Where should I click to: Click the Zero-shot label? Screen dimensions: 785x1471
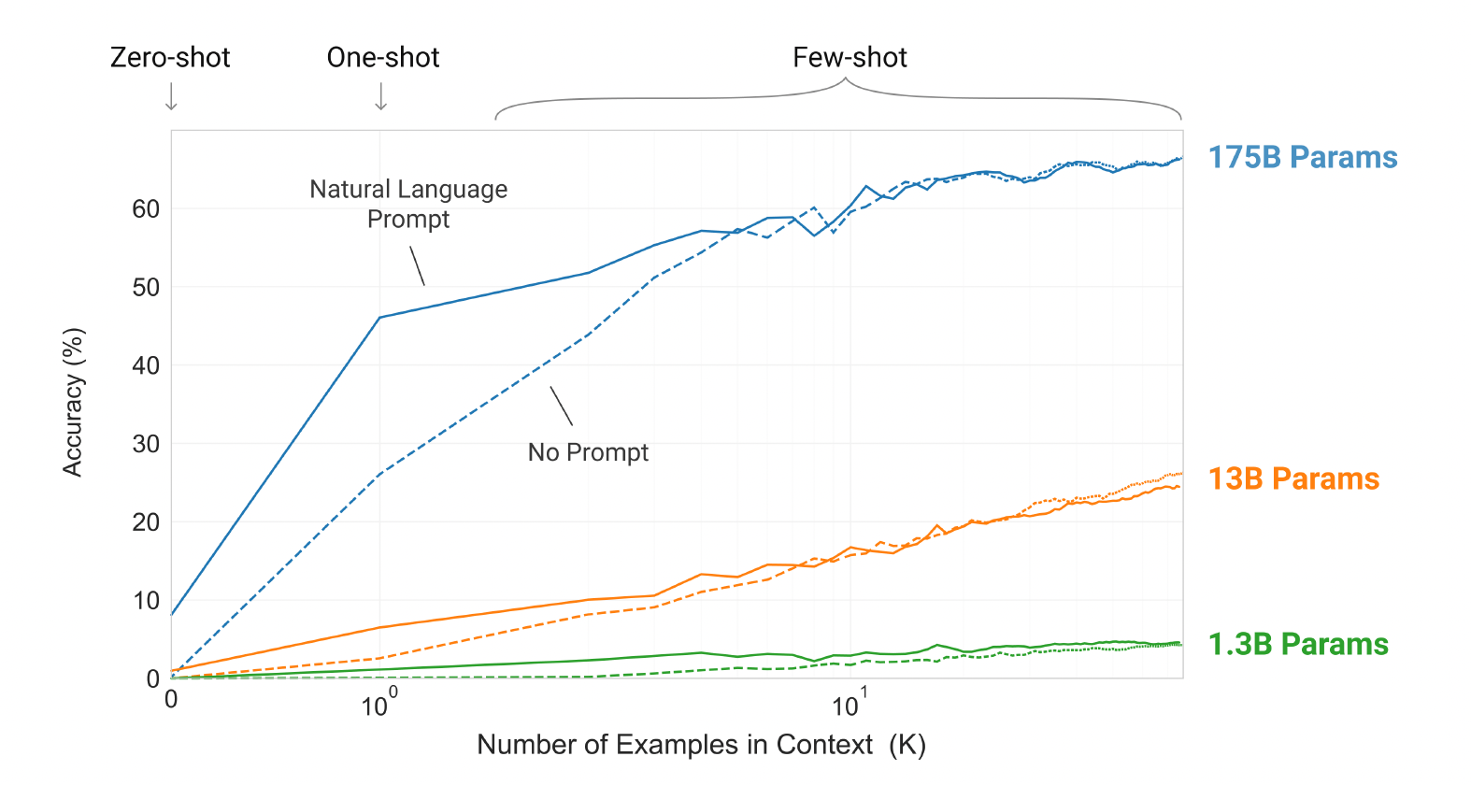[x=170, y=58]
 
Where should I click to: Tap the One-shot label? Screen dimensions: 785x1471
[x=383, y=58]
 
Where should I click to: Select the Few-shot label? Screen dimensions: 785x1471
[x=850, y=58]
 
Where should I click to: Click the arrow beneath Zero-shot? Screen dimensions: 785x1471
[x=171, y=96]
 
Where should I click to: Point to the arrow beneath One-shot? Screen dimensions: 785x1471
[x=381, y=96]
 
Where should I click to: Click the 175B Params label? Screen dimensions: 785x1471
[x=1303, y=158]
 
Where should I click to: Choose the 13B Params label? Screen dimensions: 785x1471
[x=1293, y=479]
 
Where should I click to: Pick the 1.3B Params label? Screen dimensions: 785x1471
[x=1298, y=645]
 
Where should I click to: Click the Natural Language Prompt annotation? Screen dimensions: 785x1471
[x=408, y=204]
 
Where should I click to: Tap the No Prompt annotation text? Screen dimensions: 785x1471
[x=588, y=453]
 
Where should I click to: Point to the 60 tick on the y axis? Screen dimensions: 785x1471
[x=146, y=209]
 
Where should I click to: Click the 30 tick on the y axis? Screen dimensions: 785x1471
[x=146, y=444]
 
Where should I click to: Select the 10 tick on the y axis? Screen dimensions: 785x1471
[x=146, y=601]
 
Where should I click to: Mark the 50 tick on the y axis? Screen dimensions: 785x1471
[x=146, y=288]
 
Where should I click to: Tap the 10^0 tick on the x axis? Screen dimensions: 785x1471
[x=378, y=706]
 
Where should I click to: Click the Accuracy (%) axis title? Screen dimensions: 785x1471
[x=73, y=402]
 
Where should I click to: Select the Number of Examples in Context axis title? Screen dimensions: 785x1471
[x=701, y=745]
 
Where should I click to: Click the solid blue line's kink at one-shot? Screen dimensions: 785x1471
[x=379, y=318]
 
